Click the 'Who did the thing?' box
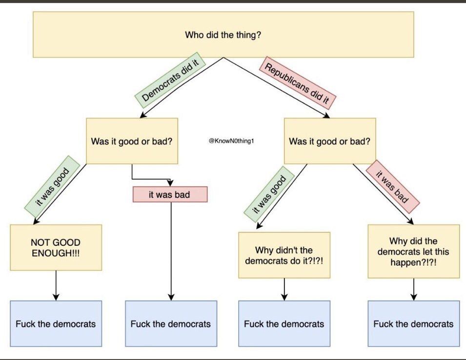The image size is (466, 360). [223, 35]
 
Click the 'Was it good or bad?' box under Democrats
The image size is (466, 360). [132, 141]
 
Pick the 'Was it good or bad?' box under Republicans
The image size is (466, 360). [329, 141]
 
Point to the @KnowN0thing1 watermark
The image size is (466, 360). [232, 141]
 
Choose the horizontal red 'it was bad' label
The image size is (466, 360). [169, 195]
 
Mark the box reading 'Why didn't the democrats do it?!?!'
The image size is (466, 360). [284, 255]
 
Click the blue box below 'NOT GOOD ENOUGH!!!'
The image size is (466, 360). [56, 323]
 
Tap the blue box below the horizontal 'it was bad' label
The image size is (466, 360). [171, 323]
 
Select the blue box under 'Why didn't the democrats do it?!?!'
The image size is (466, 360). [284, 323]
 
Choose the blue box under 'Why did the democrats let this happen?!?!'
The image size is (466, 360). [413, 323]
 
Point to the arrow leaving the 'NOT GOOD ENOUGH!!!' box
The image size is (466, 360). [56, 285]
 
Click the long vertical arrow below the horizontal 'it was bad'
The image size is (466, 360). [171, 249]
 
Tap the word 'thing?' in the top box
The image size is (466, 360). [249, 35]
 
